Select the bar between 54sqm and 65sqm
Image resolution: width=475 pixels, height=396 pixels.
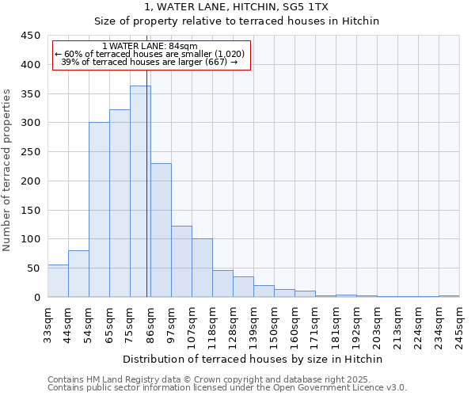pyautogui.click(x=99, y=210)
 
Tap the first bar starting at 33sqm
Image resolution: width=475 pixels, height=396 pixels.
pyautogui.click(x=58, y=281)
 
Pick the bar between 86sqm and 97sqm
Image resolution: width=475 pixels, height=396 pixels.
pyautogui.click(x=161, y=230)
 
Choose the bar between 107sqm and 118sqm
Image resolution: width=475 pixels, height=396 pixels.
pyautogui.click(x=202, y=268)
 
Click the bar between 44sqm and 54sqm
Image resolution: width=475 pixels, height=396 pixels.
pyautogui.click(x=78, y=274)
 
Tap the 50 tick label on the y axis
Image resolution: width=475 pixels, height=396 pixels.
pyautogui.click(x=33, y=268)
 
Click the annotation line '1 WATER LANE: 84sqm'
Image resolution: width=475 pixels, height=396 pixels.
pyautogui.click(x=150, y=47)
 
